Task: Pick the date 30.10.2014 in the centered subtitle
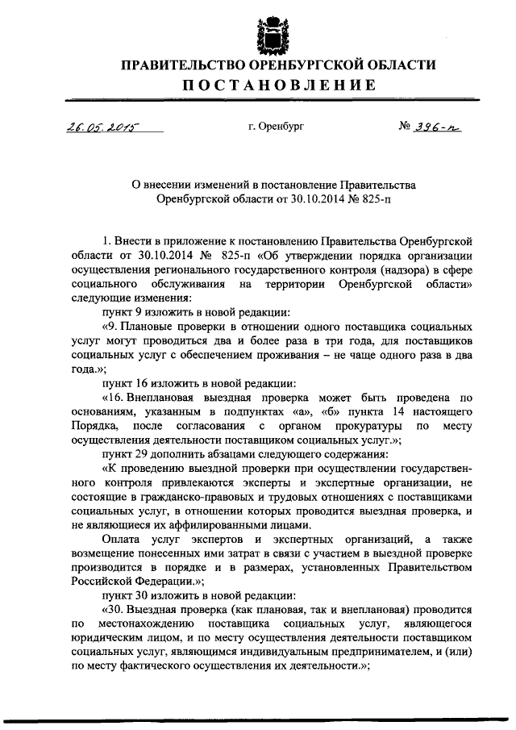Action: [298, 196]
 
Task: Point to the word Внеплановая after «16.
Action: [171, 398]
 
